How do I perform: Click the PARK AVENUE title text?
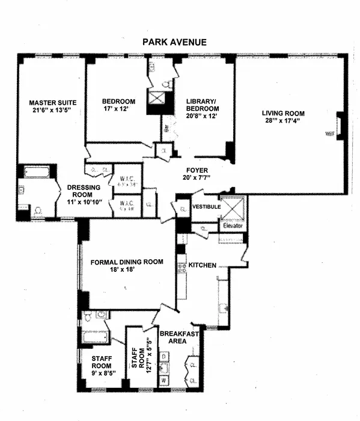174,43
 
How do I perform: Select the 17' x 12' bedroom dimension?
118,110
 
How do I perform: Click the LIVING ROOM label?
282,113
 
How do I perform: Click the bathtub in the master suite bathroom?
37,174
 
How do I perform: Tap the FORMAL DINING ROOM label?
127,262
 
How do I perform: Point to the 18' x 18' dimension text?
127,270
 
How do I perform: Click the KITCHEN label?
203,265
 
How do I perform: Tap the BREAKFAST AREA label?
175,336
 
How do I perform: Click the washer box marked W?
163,381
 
